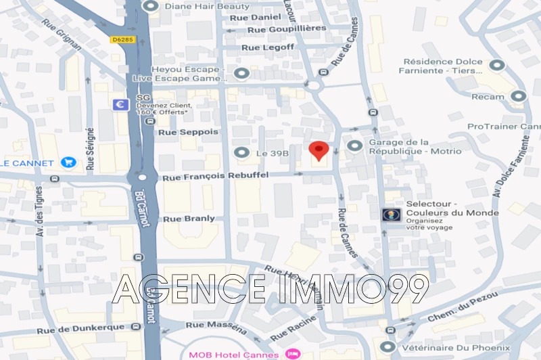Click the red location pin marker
319,150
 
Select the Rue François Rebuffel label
216,175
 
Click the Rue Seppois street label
188,132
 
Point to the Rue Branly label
189,219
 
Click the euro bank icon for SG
122,105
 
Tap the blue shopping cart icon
68,162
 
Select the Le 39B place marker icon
241,153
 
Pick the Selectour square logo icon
390,215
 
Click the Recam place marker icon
519,97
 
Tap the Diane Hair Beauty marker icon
149,5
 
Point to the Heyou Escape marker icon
241,73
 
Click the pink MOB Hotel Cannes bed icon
292,354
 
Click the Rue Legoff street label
268,47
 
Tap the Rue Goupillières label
287,28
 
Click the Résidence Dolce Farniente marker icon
498,66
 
